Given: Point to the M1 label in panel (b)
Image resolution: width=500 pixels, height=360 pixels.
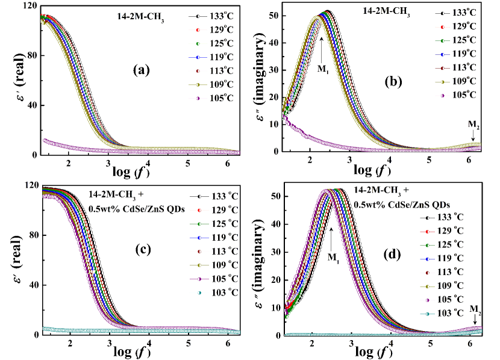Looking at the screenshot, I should tap(323, 69).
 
